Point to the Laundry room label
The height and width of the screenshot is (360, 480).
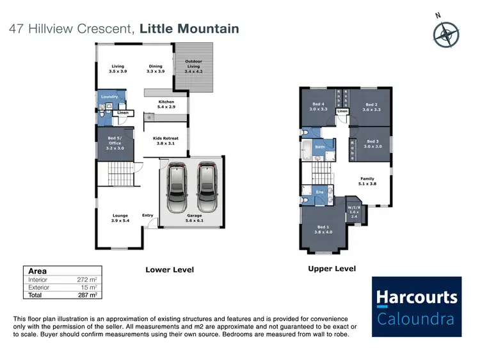point(109,97)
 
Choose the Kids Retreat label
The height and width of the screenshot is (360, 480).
point(165,141)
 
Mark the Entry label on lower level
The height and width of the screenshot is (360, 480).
point(147,215)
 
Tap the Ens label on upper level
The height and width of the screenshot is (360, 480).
point(320,191)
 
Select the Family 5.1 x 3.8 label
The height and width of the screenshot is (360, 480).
point(367,182)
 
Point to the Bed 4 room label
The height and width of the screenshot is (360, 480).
point(319,107)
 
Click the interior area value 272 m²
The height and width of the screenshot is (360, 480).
point(87,280)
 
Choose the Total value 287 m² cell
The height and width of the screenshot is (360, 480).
point(87,295)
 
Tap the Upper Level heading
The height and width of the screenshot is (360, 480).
point(332,269)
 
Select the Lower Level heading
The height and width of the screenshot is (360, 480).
point(170,270)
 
